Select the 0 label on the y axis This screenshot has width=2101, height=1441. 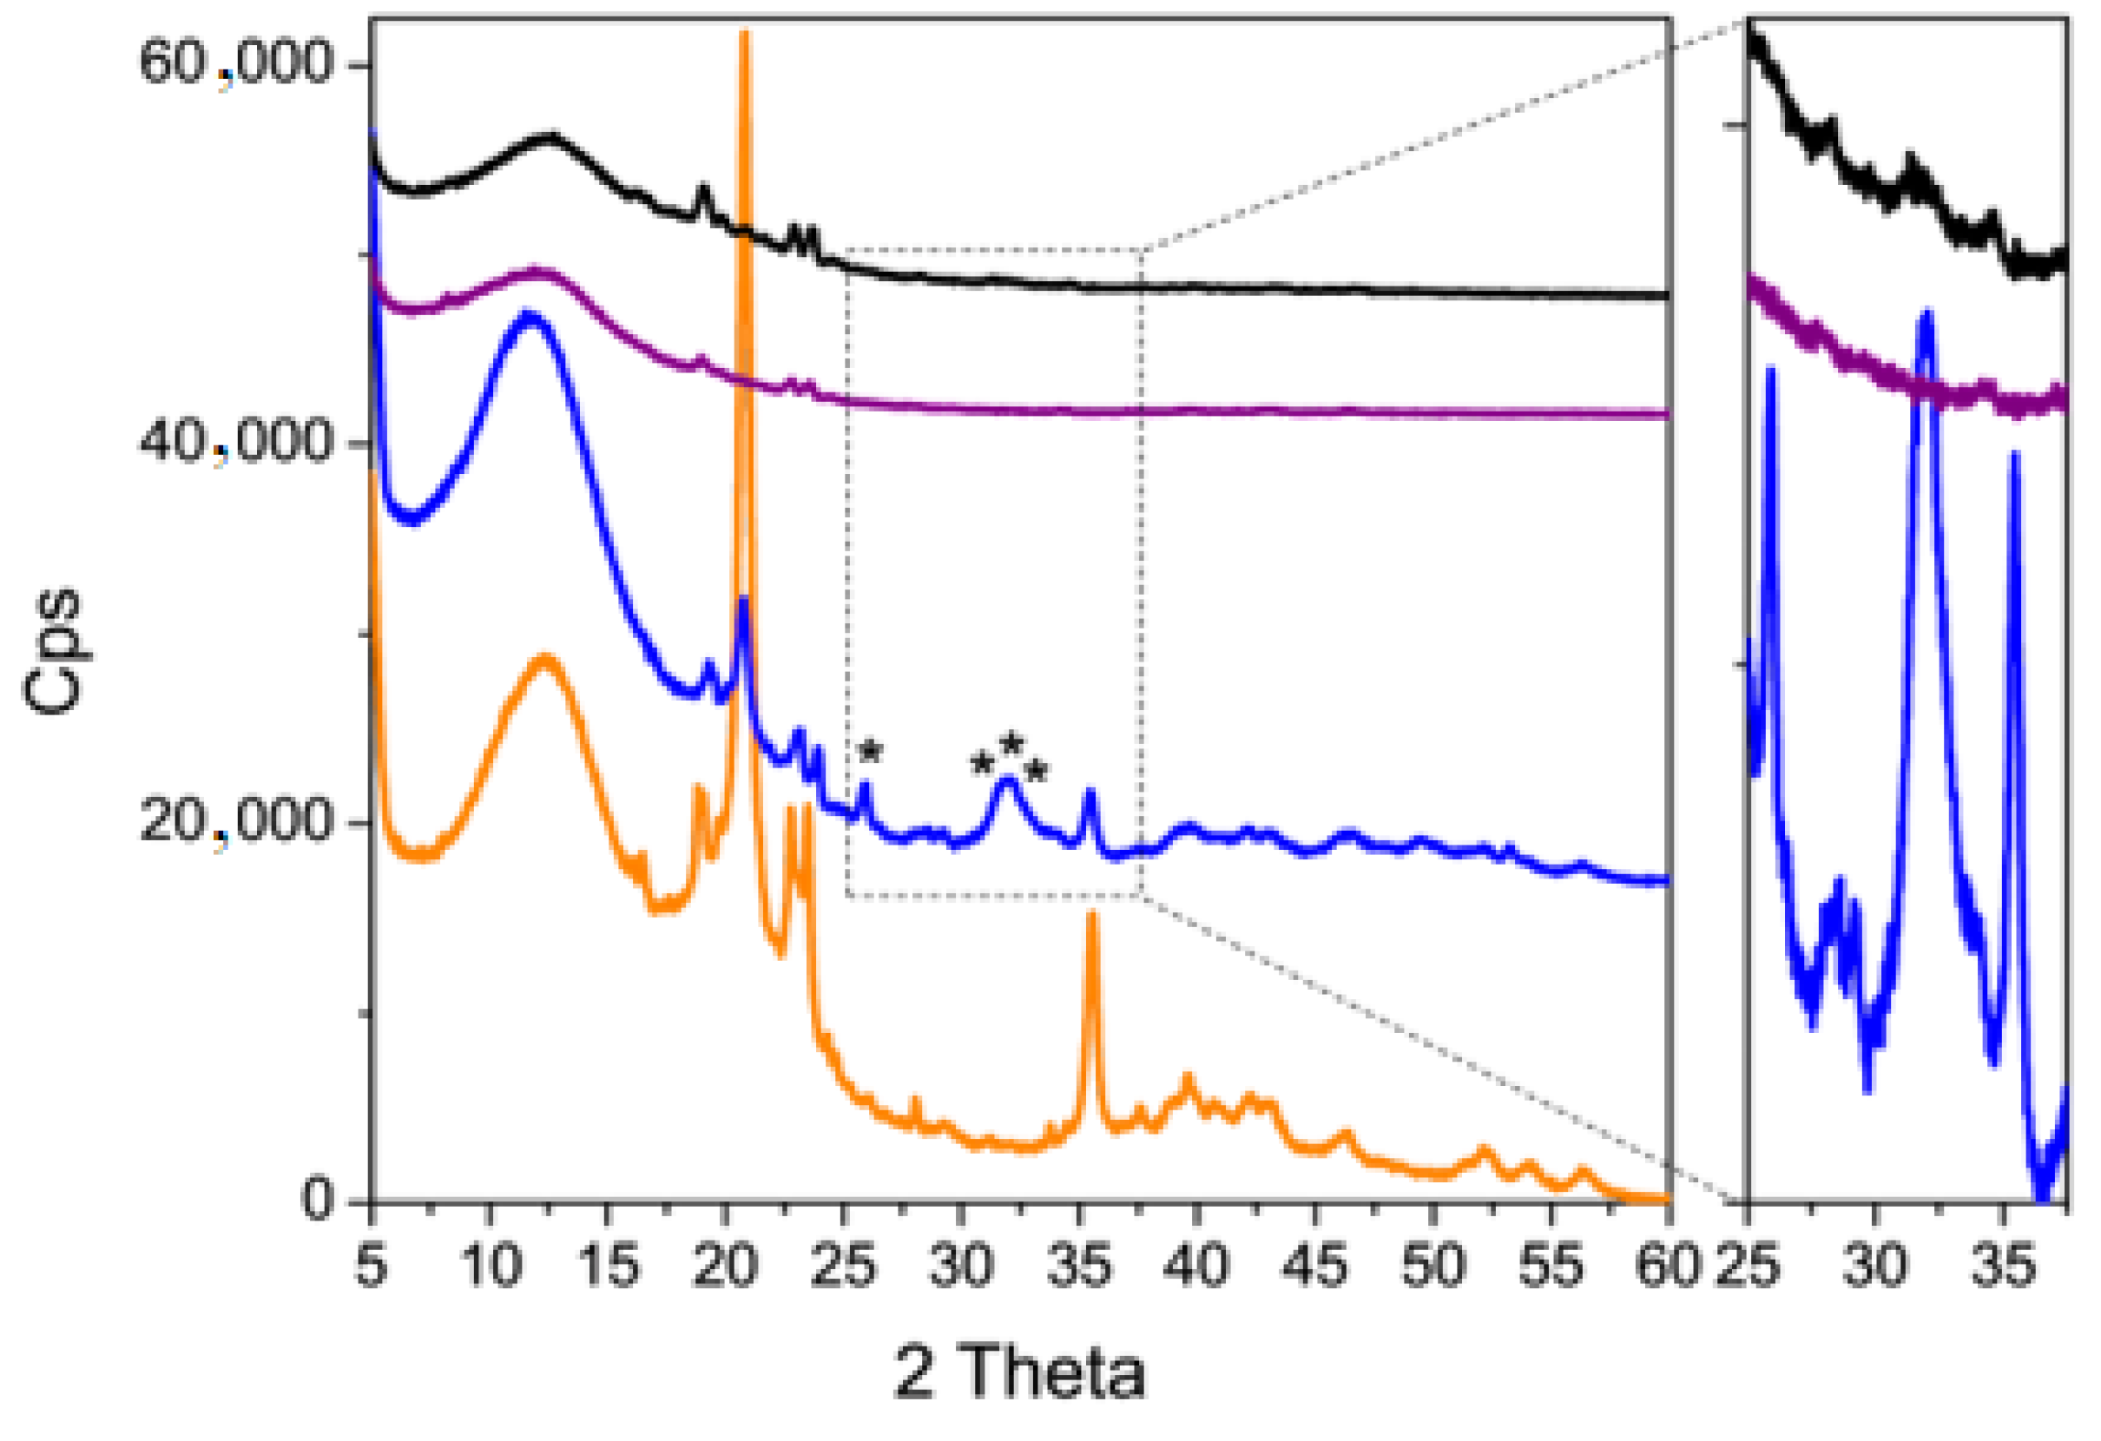pos(319,1201)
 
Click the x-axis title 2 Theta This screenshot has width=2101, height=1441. pos(1020,1372)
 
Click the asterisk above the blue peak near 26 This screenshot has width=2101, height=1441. pos(870,750)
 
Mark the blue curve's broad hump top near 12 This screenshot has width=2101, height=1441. pos(529,313)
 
